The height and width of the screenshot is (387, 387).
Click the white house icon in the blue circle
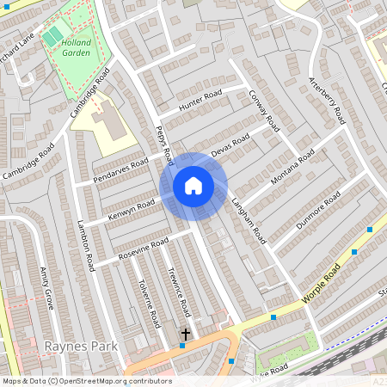pos(193,186)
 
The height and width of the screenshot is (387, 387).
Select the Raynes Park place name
pos(75,346)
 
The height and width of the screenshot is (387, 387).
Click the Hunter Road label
pos(200,100)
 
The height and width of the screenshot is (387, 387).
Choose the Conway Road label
pos(265,110)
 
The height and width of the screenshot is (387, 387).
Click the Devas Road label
pos(230,144)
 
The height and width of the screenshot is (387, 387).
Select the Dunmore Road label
pos(319,209)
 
